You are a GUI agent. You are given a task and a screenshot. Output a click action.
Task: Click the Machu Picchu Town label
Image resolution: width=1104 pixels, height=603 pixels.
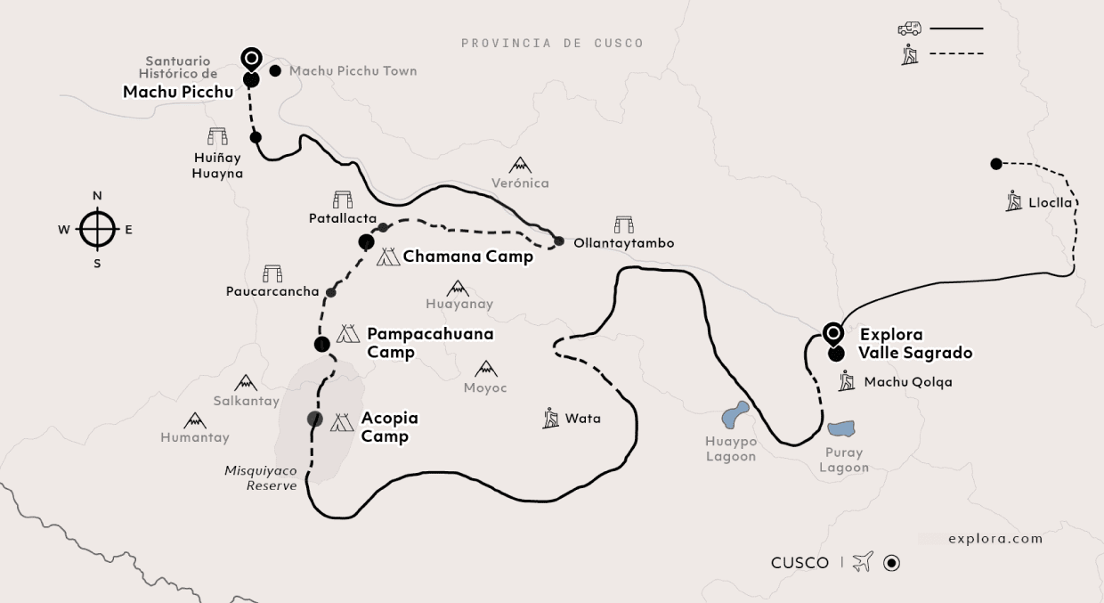[353, 71]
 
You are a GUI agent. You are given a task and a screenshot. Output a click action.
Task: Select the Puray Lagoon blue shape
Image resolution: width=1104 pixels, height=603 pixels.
[840, 428]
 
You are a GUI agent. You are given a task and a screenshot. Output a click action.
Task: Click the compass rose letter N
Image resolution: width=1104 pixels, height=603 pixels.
[98, 196]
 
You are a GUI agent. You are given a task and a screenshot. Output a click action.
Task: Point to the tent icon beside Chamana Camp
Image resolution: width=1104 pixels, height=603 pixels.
[388, 257]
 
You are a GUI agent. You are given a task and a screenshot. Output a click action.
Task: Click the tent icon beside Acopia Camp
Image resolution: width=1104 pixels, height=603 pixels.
[342, 423]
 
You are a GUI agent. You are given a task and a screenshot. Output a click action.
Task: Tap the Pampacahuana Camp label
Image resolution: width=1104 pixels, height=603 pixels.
[430, 343]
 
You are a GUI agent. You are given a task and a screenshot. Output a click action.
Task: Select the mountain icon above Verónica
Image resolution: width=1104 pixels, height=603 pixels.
[520, 166]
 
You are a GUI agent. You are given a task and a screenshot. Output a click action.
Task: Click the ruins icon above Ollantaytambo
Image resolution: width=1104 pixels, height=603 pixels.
[623, 224]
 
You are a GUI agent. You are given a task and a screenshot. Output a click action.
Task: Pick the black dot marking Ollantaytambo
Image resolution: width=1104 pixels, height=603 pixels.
[559, 241]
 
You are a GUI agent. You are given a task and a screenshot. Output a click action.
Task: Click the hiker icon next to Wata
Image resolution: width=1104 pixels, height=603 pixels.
[551, 418]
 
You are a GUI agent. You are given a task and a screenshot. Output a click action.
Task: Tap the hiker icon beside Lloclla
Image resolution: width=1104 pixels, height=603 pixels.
[1014, 202]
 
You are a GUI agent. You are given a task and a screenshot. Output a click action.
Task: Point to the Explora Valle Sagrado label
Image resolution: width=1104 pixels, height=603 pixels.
[915, 344]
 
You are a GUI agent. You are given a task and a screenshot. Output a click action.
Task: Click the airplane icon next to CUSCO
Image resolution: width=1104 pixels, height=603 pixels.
[862, 562]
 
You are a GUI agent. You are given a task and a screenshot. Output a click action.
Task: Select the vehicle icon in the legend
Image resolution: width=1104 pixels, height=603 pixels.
[909, 29]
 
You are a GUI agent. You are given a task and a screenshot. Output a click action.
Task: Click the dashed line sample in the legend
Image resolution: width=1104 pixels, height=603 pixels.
[956, 54]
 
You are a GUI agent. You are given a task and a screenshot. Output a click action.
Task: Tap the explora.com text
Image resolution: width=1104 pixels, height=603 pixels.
[995, 538]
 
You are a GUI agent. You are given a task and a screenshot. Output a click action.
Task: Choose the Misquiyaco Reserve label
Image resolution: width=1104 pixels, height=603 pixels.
[261, 477]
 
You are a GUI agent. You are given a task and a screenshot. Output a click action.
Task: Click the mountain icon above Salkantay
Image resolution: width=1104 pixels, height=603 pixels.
[246, 383]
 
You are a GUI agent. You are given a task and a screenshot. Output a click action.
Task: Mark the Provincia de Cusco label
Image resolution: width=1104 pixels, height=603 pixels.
[552, 43]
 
